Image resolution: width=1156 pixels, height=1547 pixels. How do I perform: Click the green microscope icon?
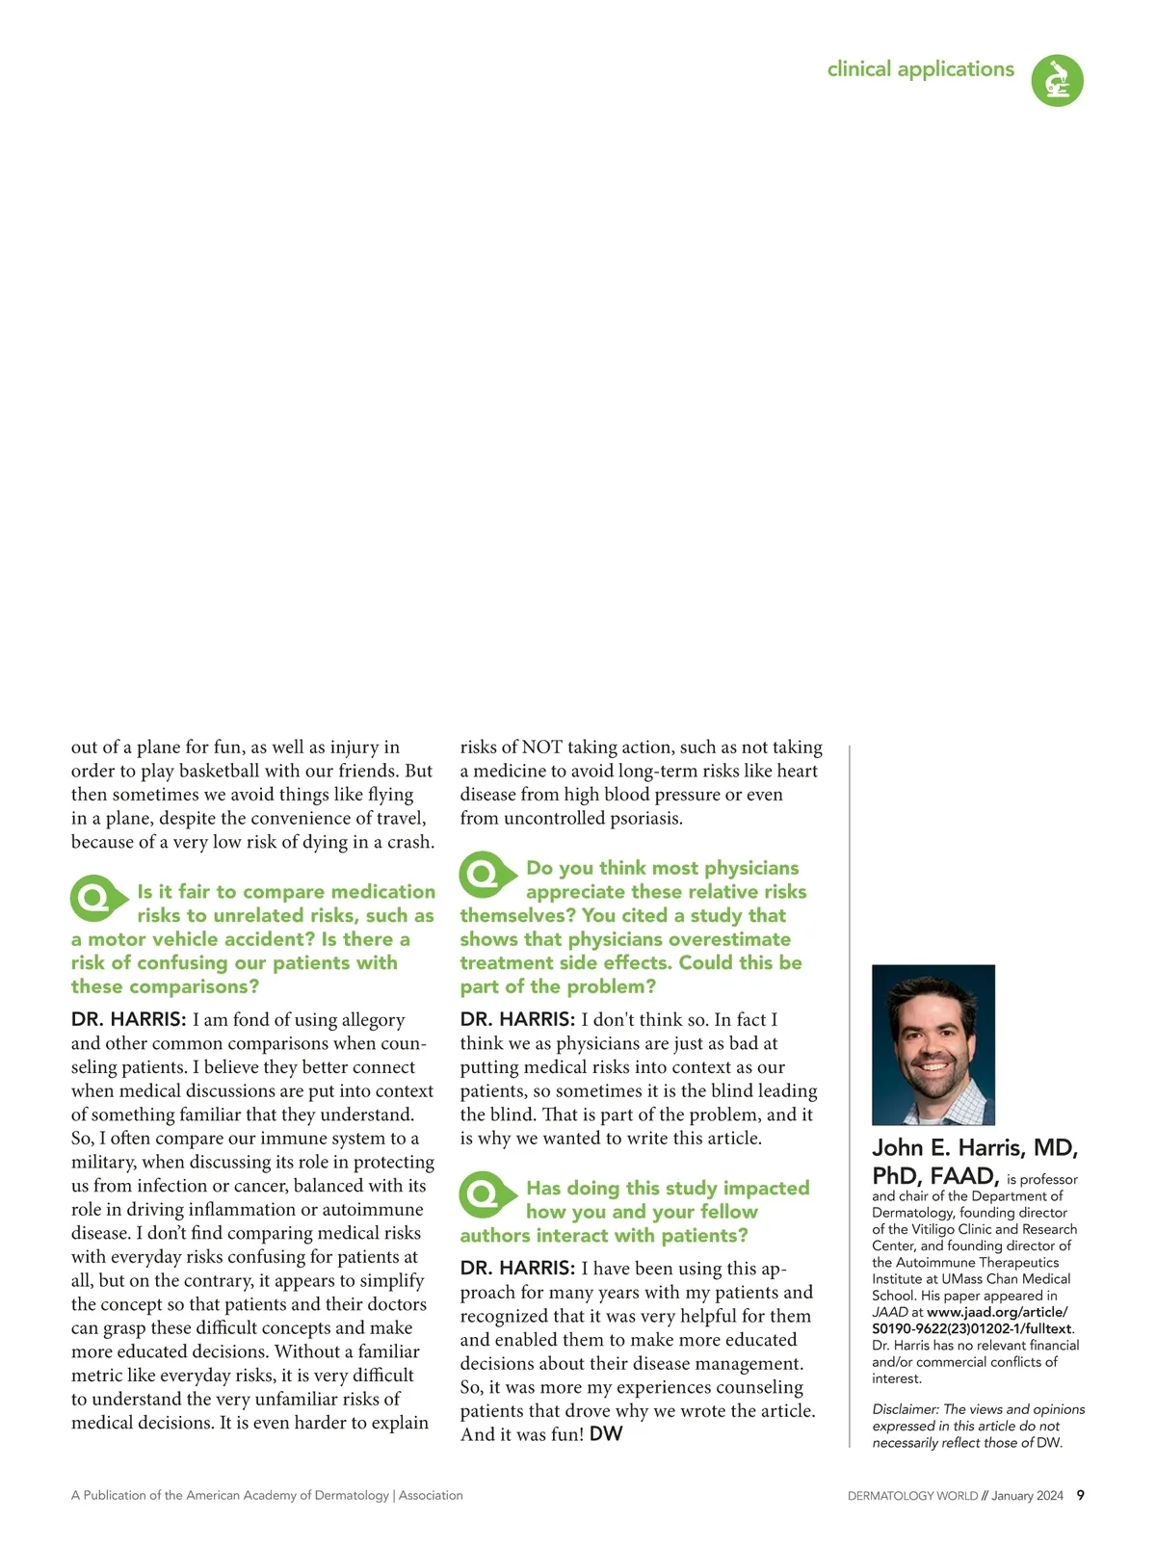(1057, 80)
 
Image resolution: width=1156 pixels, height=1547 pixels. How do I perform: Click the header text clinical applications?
(920, 69)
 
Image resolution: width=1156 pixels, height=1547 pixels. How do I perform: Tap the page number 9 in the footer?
(1080, 1495)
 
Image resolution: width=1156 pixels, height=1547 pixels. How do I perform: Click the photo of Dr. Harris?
(933, 1044)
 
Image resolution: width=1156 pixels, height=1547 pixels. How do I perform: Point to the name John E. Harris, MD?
(974, 1148)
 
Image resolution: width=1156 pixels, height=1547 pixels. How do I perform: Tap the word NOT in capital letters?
(541, 747)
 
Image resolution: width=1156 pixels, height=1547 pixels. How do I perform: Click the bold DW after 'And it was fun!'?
(606, 1433)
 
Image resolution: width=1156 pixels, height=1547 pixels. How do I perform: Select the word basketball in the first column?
(220, 771)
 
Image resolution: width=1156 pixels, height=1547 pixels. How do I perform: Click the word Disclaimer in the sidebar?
(905, 1409)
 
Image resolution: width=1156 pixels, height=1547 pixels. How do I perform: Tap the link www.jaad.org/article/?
(997, 1311)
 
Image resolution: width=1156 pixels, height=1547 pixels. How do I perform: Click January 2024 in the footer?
(1027, 1496)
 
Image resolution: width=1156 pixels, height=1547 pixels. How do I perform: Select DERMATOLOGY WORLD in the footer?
(912, 1496)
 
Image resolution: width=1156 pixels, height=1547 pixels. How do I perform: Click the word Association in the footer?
(431, 1495)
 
